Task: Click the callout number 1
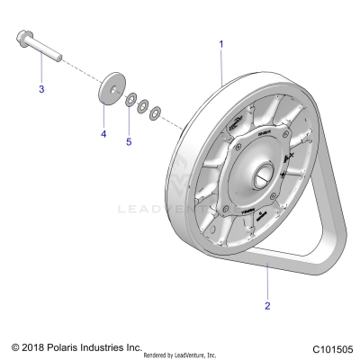[221, 42]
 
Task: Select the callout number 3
[40, 89]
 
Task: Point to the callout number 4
[103, 134]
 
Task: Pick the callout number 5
[128, 140]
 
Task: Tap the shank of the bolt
[45, 50]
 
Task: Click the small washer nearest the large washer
[131, 98]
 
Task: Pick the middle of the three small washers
[143, 105]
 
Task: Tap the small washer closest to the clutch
[154, 112]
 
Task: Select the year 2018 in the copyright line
[35, 346]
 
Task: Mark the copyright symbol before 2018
[14, 346]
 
